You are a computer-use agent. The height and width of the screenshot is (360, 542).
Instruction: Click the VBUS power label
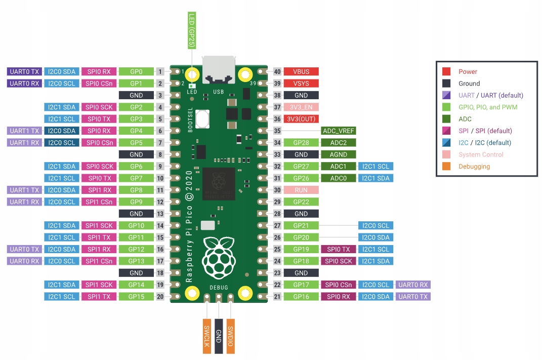click(301, 71)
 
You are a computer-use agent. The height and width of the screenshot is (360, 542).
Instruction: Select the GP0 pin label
click(136, 71)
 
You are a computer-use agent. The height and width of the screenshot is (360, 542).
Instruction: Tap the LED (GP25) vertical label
click(192, 31)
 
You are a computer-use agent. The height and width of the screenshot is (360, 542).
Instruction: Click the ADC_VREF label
click(339, 131)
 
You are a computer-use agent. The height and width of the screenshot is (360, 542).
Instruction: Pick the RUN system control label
click(301, 190)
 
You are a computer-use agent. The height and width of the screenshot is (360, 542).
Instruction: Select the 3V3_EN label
click(301, 107)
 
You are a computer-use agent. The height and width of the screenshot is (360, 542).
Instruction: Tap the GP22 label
click(301, 202)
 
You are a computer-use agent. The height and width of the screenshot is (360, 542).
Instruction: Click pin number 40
click(277, 71)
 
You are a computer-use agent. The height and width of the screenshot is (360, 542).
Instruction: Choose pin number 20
click(160, 297)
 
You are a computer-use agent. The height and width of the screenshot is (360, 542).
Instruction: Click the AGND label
click(339, 154)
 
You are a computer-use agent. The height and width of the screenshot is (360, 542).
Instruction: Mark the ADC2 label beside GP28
click(339, 142)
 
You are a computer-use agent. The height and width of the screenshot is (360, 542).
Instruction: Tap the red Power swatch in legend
click(446, 71)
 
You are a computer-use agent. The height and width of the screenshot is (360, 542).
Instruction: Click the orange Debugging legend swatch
click(446, 166)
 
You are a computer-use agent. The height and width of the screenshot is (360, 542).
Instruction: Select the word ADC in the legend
click(465, 119)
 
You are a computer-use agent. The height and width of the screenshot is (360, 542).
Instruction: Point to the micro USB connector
click(218, 69)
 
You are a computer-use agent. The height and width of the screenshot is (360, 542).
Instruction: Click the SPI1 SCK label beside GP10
click(99, 225)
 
